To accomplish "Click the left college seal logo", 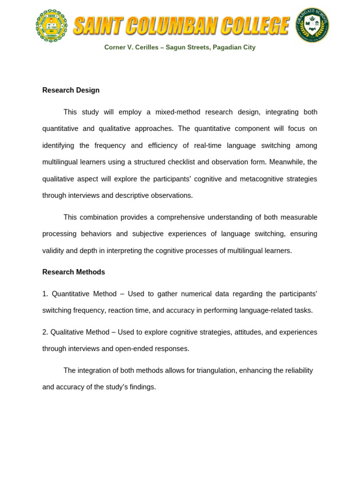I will [52, 26].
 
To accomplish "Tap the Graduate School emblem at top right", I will [312, 25].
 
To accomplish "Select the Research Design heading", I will [71, 90].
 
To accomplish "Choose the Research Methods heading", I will [74, 272].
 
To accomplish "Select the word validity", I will [53, 250].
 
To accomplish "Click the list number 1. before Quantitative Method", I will [45, 294].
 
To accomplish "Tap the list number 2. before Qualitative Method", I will [45, 332].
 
